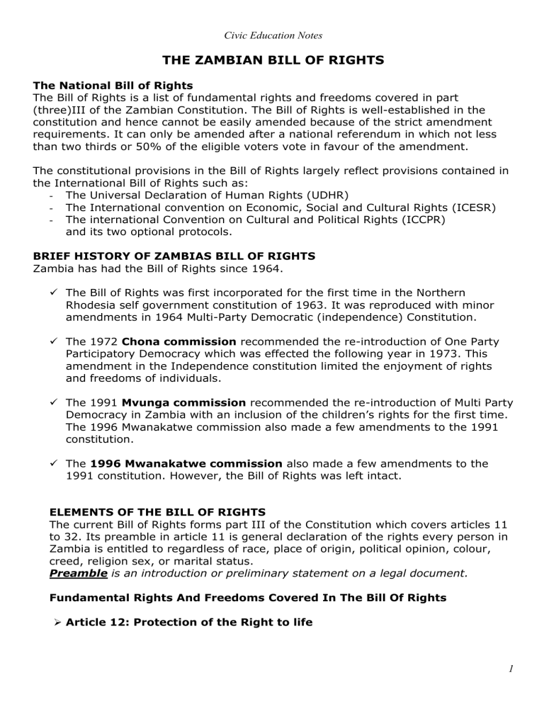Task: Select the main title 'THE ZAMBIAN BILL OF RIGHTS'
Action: coord(272,61)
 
